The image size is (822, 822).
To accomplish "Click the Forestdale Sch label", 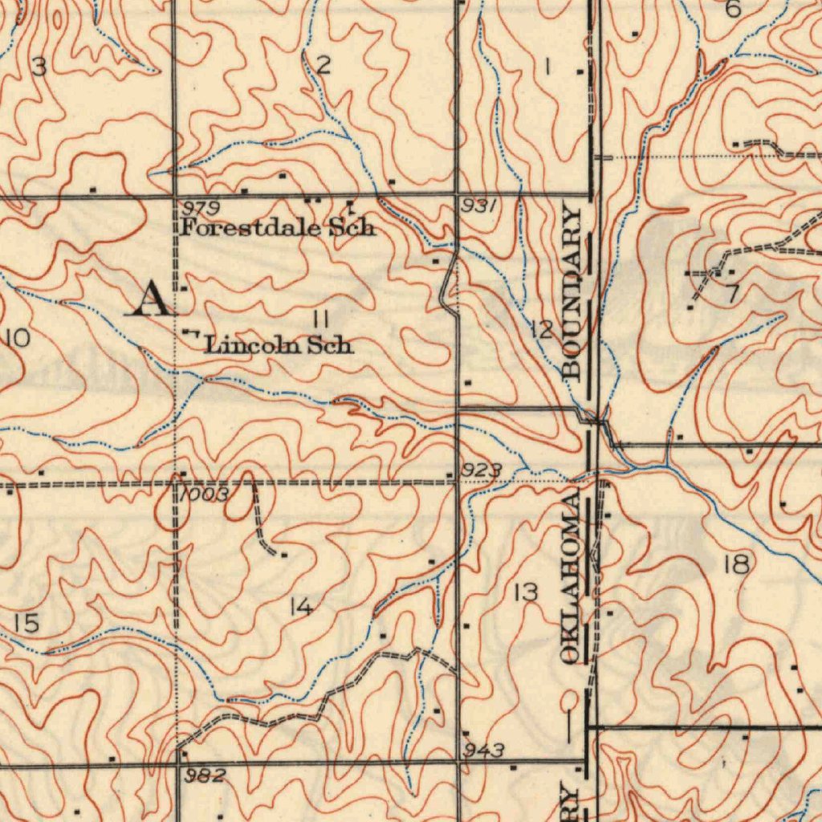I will tap(278, 227).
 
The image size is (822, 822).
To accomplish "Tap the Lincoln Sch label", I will tap(279, 346).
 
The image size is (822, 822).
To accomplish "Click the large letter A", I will tap(153, 300).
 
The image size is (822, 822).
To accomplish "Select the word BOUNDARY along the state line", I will tap(572, 291).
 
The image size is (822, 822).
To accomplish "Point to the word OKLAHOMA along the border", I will tap(571, 579).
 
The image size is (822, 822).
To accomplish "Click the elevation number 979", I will tap(201, 209).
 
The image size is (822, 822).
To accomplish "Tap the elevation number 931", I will tap(480, 206).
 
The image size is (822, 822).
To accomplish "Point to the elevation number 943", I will tap(484, 751).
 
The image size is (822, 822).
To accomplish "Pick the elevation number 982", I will tap(205, 775).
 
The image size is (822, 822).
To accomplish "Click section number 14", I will tap(301, 608).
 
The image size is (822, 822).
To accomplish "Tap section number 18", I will tap(735, 565).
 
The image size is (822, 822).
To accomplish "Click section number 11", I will tap(321, 319).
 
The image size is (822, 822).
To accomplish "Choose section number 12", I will tap(542, 329).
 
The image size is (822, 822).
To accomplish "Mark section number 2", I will tap(323, 67).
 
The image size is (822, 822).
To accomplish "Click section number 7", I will tap(731, 295).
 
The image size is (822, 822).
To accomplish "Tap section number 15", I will tap(26, 623).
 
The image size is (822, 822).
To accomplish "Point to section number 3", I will tap(38, 67).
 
